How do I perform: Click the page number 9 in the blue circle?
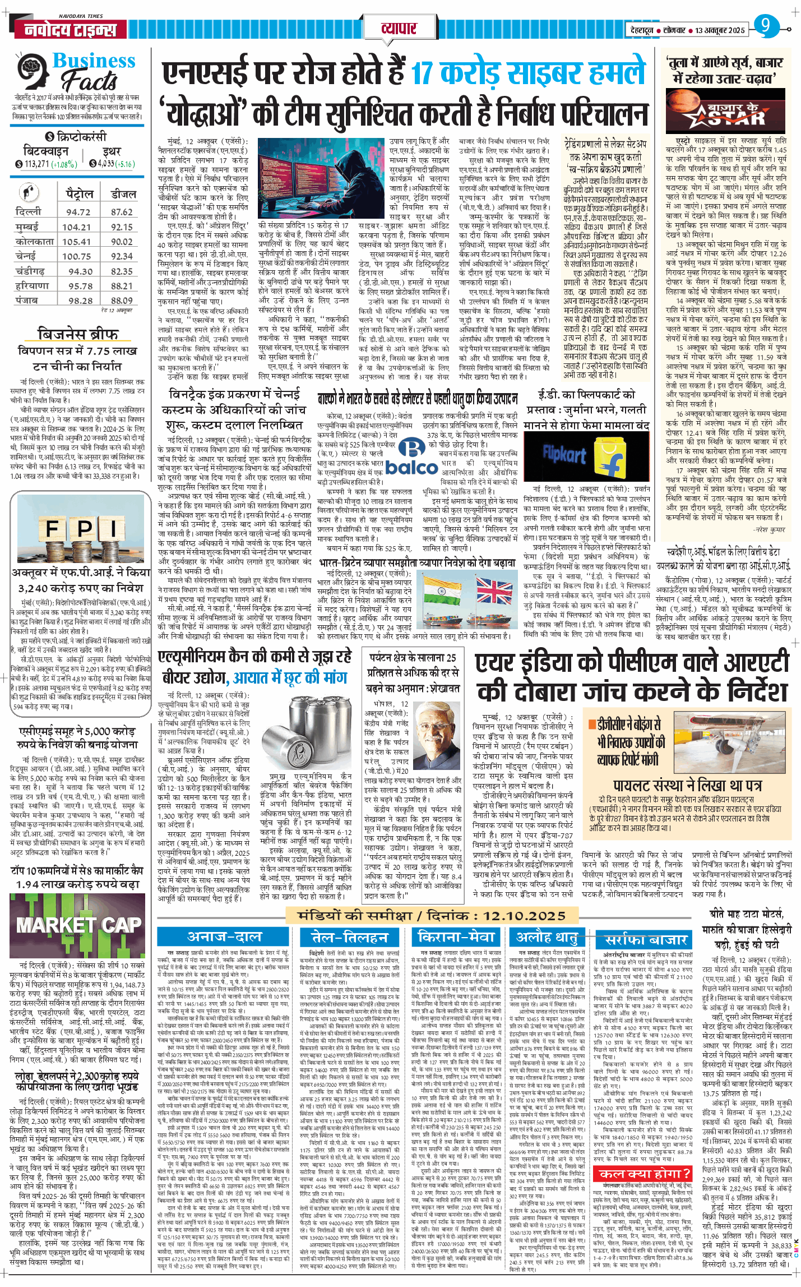pyautogui.click(x=766, y=25)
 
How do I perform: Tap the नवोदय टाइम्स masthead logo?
pyautogui.click(x=71, y=30)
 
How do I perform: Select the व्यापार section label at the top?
pyautogui.click(x=399, y=28)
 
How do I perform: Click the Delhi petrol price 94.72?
pyautogui.click(x=78, y=212)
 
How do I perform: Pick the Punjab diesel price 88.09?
pyautogui.click(x=122, y=301)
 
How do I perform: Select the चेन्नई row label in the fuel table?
pyautogui.click(x=27, y=256)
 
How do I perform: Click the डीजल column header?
pyautogui.click(x=123, y=194)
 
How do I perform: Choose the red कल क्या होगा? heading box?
pyautogui.click(x=645, y=1159)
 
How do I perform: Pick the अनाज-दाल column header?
pyautogui.click(x=224, y=937)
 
